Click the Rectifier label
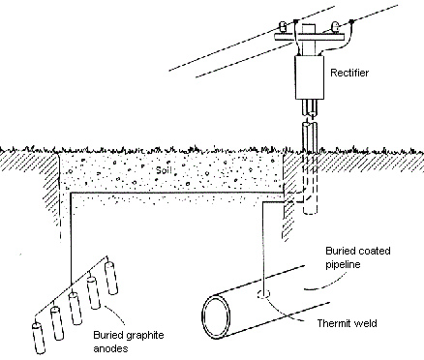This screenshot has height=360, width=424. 349,73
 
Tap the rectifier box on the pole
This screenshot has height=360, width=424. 310,77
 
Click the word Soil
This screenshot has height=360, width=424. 164,169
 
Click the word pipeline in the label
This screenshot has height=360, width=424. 343,264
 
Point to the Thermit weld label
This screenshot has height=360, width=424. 347,323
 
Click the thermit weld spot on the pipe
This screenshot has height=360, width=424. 263,294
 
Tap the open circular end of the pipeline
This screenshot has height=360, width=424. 217,316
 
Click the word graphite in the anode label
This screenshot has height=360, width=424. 145,336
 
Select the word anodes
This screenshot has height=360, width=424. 110,348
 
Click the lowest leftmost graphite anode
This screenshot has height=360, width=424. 40,338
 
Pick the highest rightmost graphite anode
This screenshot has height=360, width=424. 110,278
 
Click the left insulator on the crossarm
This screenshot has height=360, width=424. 283,27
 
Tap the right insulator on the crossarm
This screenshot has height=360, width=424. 335,27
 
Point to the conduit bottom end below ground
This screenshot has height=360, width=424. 310,211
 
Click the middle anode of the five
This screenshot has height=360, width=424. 76,308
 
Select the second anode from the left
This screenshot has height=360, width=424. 57,322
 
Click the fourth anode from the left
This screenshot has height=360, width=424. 94,292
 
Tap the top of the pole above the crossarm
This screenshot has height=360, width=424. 309,28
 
